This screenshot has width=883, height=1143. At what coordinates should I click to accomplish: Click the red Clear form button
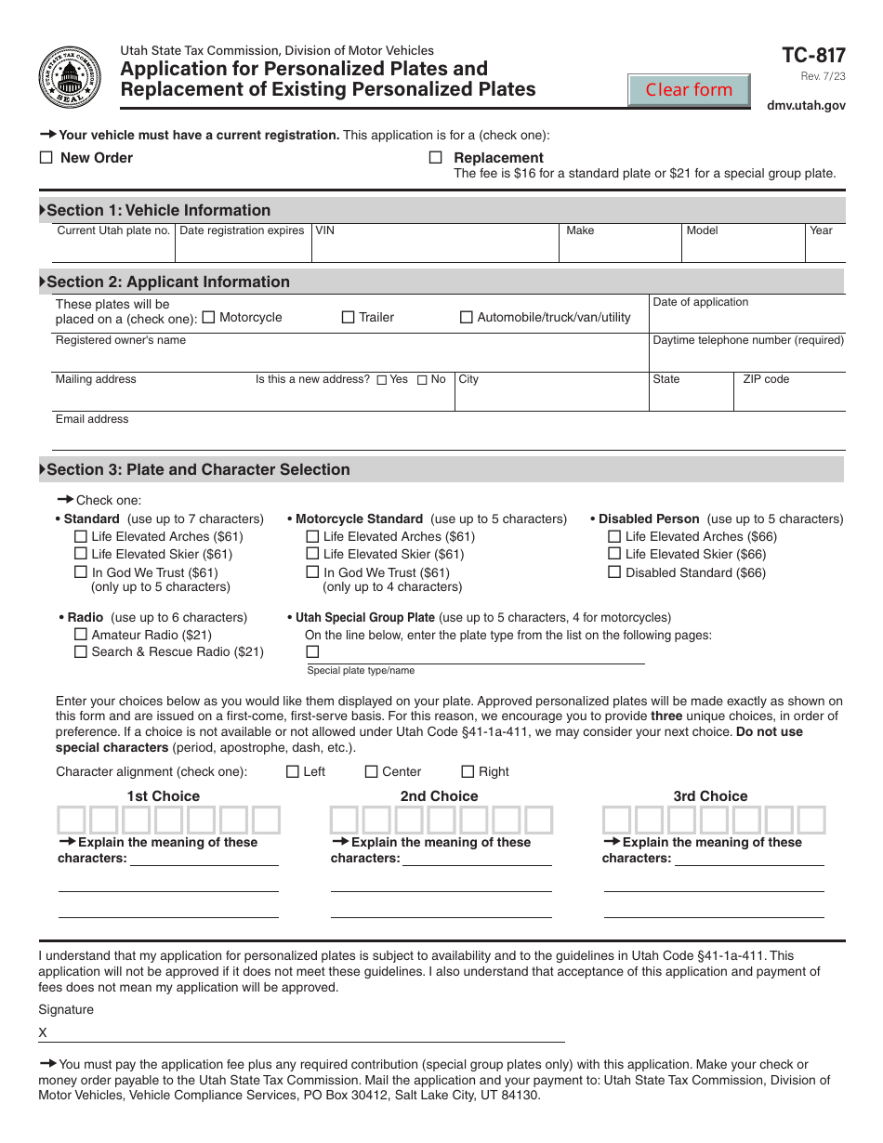pos(689,90)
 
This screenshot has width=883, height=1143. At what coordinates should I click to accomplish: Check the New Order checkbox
pos(46,158)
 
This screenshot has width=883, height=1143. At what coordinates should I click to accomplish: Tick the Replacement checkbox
pos(435,158)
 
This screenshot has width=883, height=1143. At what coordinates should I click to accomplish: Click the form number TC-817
pos(814,56)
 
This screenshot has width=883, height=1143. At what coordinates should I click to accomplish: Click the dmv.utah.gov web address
pos(806,106)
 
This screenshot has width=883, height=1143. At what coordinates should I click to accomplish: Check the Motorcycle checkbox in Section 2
pos(208,317)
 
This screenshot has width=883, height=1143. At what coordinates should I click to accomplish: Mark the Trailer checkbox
pos(349,317)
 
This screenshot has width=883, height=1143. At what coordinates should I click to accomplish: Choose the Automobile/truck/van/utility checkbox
pos(467,317)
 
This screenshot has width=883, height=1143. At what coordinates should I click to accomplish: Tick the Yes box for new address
pos(382,380)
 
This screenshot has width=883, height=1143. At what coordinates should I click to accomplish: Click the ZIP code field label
pos(766,379)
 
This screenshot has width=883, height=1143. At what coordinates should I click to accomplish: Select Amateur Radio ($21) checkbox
pos(80,635)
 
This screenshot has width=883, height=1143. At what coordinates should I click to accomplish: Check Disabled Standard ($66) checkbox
pos(614,572)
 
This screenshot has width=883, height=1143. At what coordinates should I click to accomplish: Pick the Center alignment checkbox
pos(372,771)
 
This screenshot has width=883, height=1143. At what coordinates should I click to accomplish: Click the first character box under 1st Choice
pos(72,820)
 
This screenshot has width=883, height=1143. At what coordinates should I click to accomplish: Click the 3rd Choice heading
pos(710,796)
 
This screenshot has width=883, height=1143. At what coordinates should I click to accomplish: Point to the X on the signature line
pos(43,1032)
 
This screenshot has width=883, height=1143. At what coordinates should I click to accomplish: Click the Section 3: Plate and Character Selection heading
pos(198,469)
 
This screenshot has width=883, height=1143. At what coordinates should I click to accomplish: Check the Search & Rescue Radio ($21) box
pos(80,651)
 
